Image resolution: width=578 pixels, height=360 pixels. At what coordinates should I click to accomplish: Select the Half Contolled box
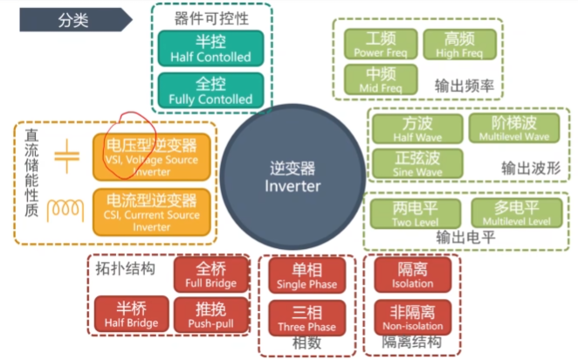[210, 48]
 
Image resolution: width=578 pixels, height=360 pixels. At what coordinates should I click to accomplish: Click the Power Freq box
[381, 44]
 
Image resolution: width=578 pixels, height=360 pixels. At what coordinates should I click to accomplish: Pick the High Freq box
[459, 44]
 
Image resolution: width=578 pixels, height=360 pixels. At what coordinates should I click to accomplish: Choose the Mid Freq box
[381, 80]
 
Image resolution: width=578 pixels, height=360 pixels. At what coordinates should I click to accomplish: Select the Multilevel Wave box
[513, 128]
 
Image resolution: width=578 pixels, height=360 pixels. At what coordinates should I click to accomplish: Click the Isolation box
[412, 274]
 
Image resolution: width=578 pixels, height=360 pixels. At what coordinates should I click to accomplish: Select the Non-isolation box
[412, 315]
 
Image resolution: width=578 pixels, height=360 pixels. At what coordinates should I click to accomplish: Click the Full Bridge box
[210, 275]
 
